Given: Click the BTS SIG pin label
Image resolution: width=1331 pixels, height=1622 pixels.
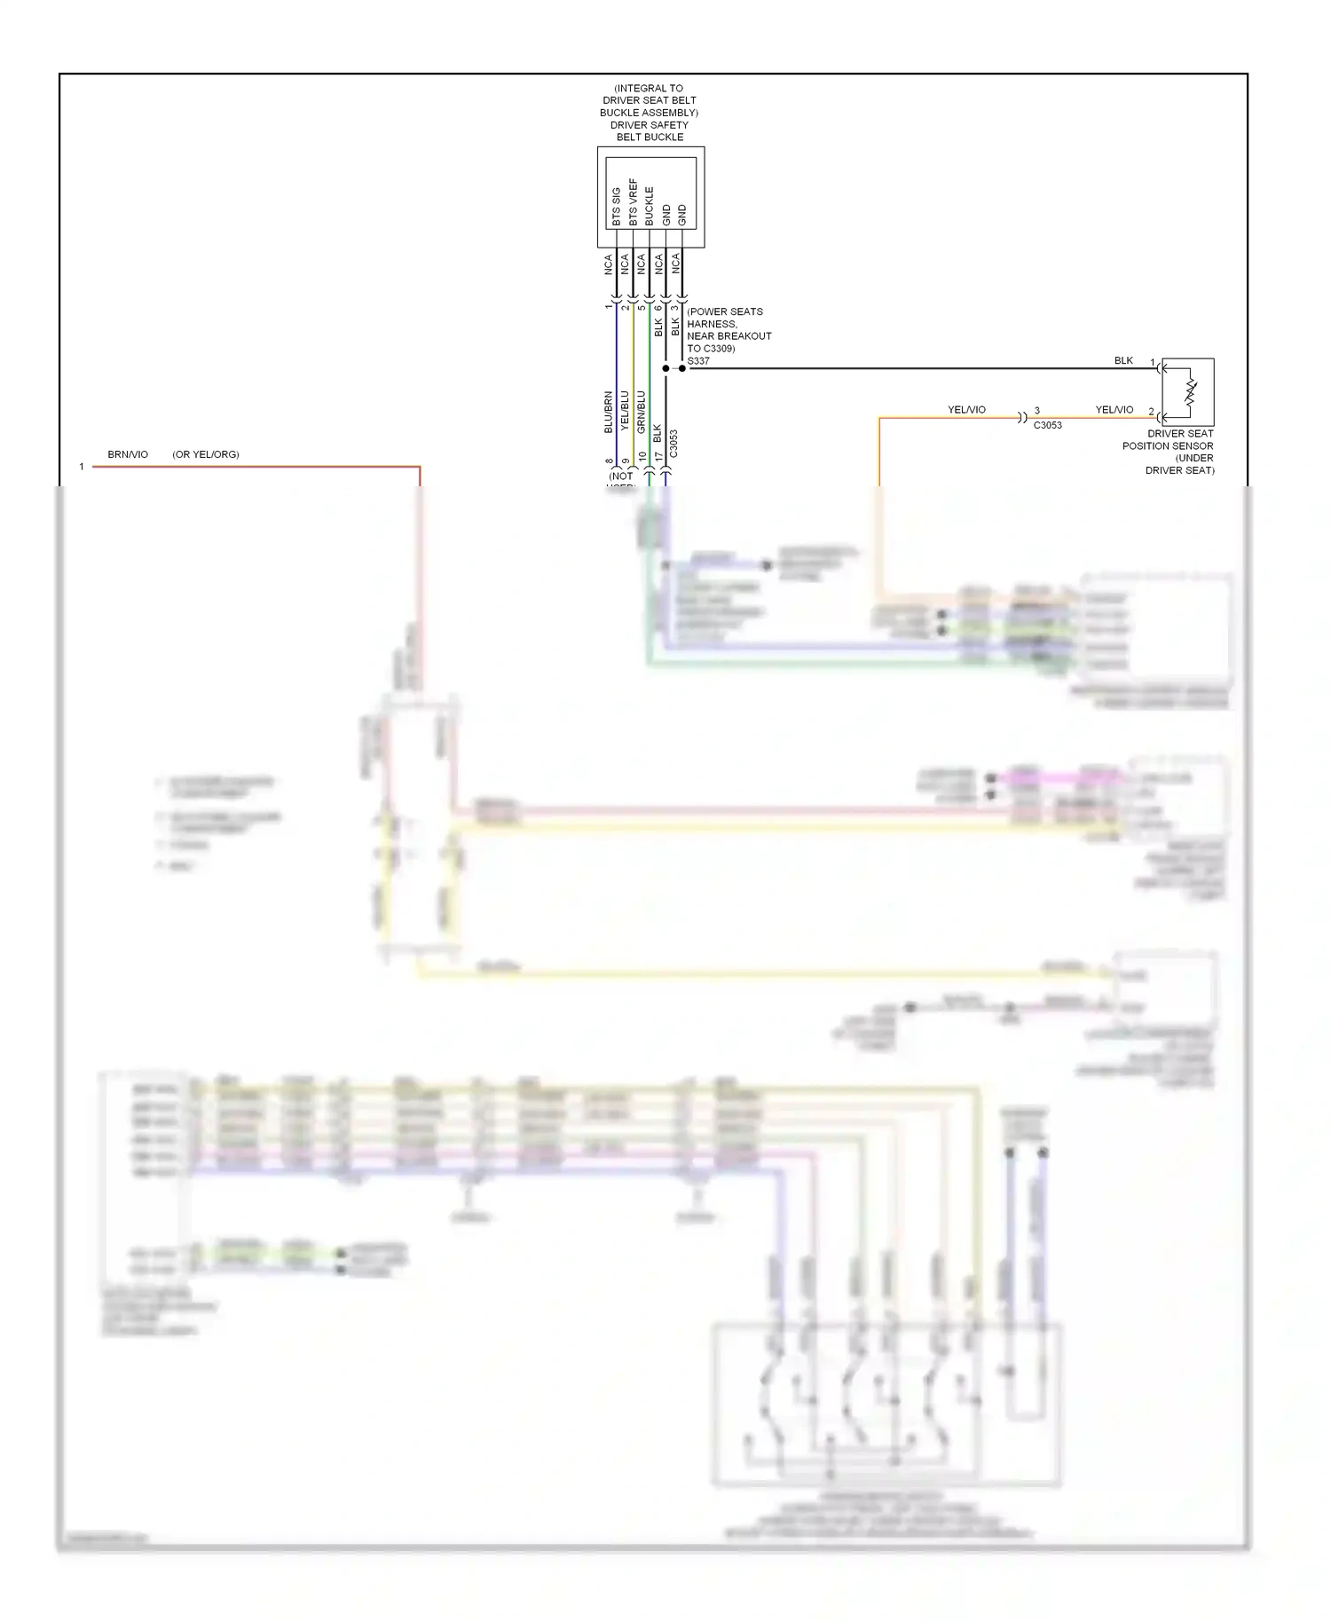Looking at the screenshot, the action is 617,206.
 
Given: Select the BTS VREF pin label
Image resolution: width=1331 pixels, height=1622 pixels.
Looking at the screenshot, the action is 634,202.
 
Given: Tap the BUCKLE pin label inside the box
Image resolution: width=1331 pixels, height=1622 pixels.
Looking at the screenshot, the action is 650,205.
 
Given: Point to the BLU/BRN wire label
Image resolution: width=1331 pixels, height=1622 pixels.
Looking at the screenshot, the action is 609,412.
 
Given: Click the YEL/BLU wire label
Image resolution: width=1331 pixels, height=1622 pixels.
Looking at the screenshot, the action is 625,411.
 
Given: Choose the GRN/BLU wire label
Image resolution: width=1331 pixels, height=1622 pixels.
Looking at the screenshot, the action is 642,412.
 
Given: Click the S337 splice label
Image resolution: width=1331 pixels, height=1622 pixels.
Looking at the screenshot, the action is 698,361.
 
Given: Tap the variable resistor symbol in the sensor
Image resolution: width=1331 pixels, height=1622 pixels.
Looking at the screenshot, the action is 1191,391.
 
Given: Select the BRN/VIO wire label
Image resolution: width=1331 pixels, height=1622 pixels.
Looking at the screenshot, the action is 128,454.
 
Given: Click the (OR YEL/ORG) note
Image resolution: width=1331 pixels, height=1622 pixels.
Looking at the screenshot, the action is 206,454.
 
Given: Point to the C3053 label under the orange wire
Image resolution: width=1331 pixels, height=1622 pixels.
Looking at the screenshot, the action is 1047,425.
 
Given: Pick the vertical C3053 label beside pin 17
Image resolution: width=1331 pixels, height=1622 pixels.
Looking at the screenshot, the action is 673,444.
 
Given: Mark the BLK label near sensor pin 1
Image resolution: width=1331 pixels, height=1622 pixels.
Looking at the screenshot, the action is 1123,360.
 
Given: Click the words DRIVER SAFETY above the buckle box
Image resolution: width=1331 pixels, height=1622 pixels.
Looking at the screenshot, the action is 649,125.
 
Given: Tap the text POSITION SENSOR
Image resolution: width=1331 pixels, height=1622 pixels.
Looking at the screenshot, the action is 1168,445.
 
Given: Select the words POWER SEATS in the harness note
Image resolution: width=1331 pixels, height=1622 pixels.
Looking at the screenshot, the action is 726,311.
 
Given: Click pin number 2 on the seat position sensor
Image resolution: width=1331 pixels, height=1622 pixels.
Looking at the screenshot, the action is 1152,412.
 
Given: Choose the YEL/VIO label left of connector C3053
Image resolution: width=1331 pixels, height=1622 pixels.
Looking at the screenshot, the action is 966,410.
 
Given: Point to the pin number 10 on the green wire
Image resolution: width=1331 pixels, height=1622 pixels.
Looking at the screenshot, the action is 642,457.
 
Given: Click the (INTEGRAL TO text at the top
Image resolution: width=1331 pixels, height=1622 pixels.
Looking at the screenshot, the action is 649,88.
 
